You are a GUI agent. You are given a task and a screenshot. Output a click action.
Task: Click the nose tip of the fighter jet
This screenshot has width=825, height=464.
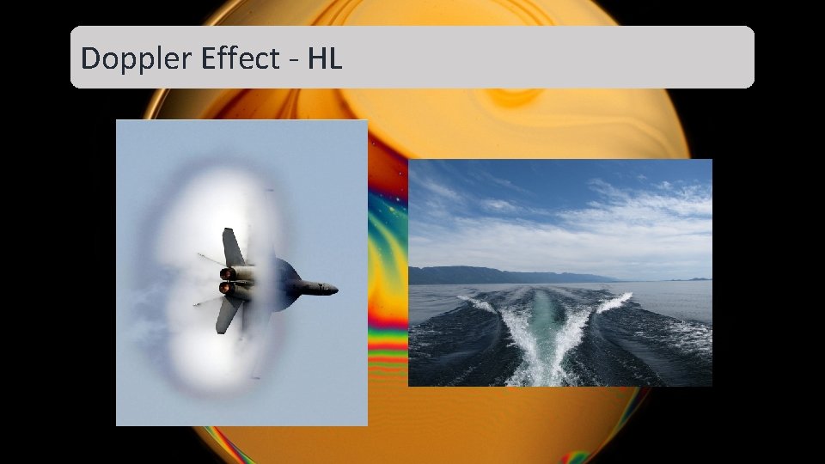[x=335, y=289]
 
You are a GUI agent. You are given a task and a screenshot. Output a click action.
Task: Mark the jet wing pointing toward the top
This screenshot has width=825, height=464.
[x=233, y=247]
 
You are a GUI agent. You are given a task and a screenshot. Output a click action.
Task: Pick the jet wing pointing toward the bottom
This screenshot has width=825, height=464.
[x=226, y=316]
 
